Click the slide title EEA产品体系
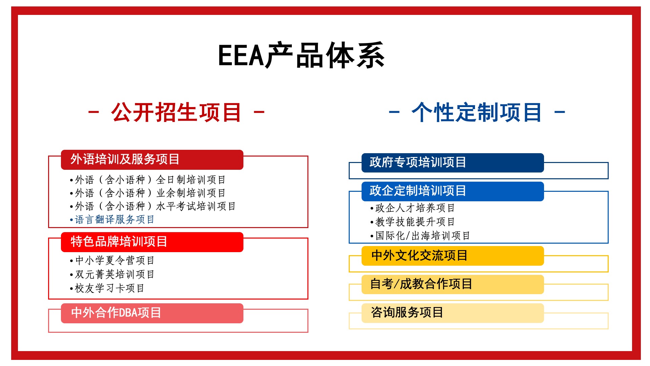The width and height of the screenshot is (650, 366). click(x=301, y=55)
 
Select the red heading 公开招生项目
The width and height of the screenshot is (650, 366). click(x=176, y=112)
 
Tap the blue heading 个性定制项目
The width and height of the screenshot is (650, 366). click(x=477, y=112)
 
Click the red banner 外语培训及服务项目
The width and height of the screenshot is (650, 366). click(x=152, y=160)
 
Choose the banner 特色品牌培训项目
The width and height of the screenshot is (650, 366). click(x=152, y=242)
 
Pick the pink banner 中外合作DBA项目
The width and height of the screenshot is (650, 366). click(x=152, y=313)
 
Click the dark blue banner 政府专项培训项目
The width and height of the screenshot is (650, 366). click(x=453, y=163)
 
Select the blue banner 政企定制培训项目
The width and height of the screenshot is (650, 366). click(x=453, y=191)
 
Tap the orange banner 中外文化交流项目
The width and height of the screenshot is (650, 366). click(x=453, y=256)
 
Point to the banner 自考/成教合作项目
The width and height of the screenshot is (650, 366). click(x=453, y=284)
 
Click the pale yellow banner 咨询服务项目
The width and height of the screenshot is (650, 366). click(x=453, y=313)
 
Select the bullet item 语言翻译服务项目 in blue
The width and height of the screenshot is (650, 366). click(x=112, y=220)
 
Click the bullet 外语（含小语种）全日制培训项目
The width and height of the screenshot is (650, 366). click(x=148, y=180)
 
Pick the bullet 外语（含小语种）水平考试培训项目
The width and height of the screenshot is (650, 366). click(x=153, y=206)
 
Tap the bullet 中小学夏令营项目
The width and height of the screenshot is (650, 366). click(x=112, y=260)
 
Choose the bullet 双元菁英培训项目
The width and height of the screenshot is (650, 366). click(x=112, y=274)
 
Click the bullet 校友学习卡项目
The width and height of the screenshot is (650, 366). click(x=107, y=288)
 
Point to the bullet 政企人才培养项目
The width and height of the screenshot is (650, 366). click(x=412, y=208)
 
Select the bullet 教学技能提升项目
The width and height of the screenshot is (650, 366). click(x=412, y=222)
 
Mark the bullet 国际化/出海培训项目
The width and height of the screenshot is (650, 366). click(x=420, y=236)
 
